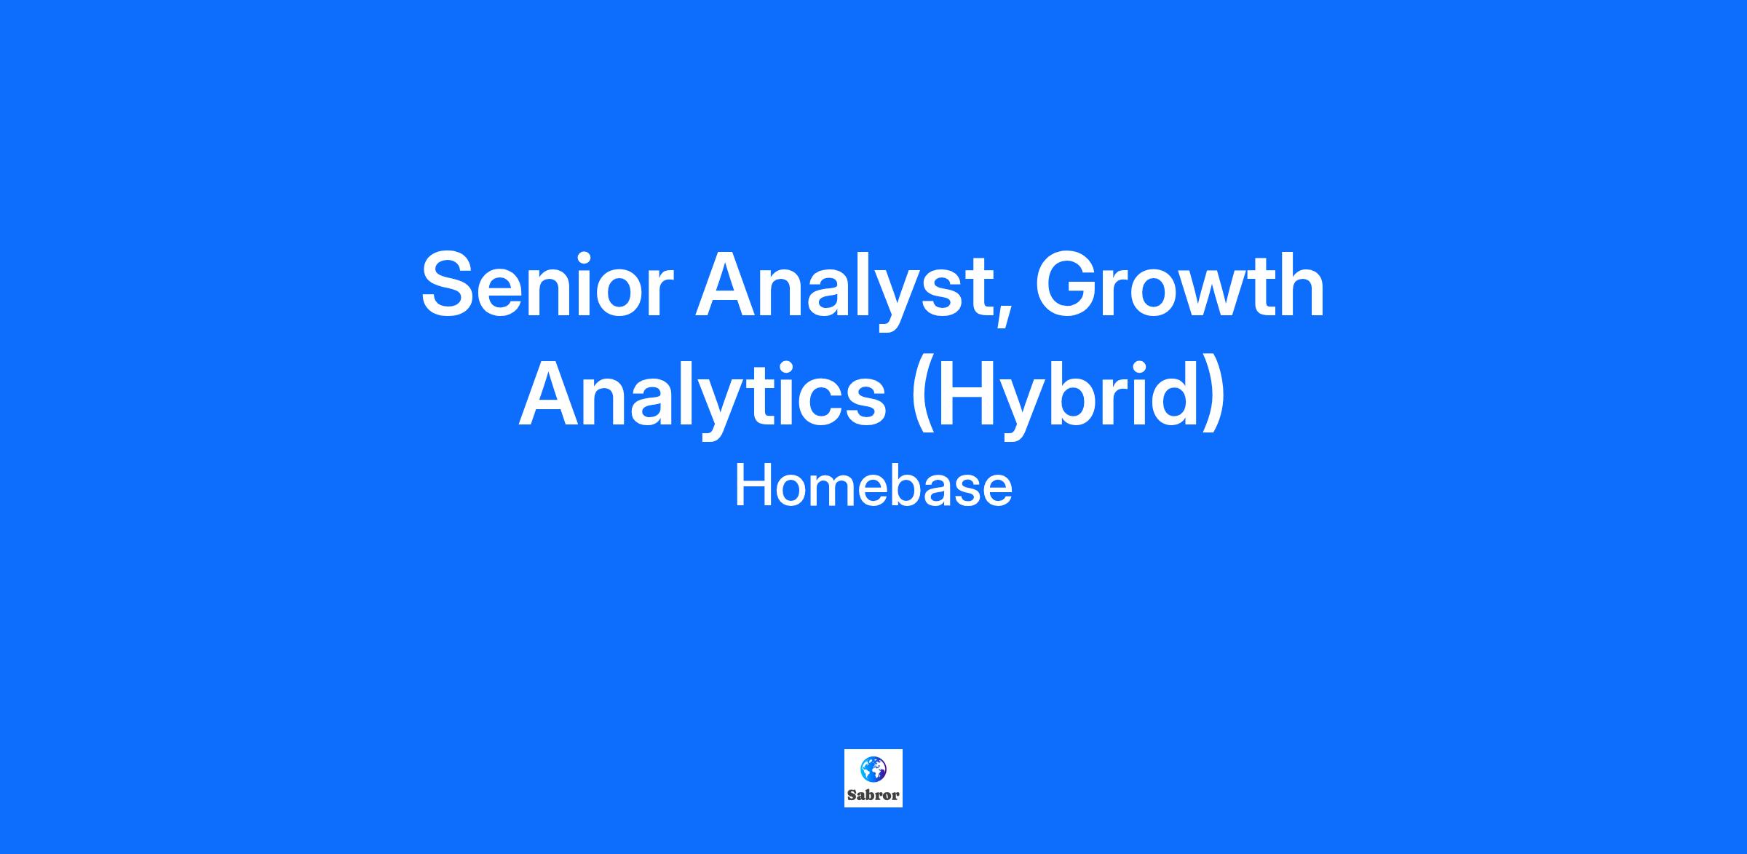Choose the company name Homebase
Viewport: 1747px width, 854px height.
coord(873,487)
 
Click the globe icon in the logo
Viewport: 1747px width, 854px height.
coord(873,768)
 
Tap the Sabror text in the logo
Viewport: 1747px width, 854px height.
coord(873,795)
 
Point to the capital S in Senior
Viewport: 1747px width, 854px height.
coord(451,285)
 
